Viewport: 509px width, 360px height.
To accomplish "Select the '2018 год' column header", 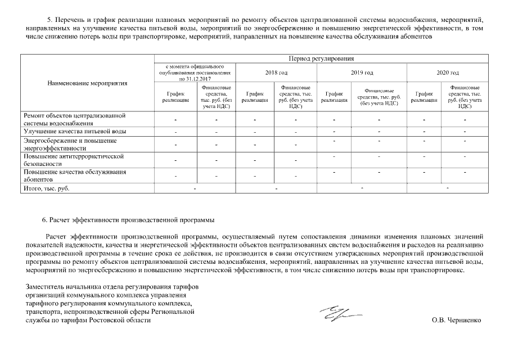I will click(x=276, y=73).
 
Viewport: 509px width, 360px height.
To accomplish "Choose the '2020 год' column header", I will click(x=448, y=73).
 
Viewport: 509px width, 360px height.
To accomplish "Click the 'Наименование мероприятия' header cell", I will click(x=87, y=83).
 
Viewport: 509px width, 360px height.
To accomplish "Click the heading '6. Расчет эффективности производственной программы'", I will click(x=128, y=219).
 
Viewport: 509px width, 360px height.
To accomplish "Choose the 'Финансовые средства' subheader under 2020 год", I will click(x=464, y=97).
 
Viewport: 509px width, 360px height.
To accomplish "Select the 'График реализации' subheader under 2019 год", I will click(x=334, y=97).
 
